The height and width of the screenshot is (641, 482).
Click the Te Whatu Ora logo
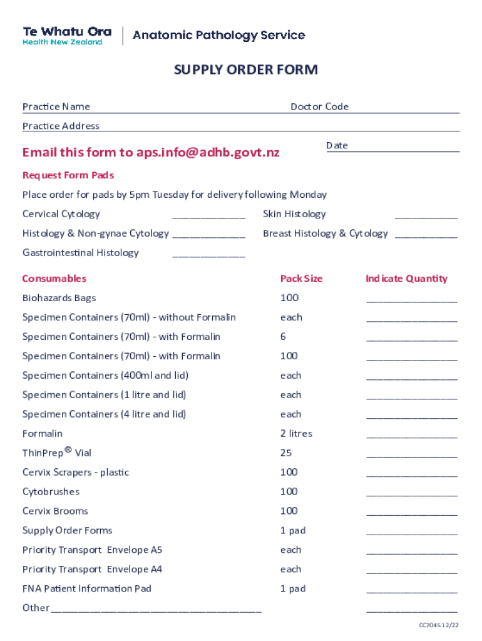67,36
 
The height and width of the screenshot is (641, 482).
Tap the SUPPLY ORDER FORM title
245,69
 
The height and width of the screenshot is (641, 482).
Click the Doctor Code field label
319,106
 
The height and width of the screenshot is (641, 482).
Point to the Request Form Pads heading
68,175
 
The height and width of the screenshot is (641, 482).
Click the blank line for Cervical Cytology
208,217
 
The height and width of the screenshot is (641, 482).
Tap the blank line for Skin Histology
426,217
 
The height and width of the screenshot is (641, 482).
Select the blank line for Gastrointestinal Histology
208,256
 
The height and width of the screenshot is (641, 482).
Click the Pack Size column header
301,279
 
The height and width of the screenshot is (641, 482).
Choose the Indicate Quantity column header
406,279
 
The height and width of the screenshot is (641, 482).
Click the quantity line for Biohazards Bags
411,301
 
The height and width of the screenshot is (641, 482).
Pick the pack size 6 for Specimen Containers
283,337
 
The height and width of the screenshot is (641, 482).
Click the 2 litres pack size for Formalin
296,434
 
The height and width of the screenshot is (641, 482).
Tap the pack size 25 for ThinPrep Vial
286,453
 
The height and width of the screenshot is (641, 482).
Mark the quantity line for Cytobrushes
411,495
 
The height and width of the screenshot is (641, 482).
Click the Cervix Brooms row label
55,511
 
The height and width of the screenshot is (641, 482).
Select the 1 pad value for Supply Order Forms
293,531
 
